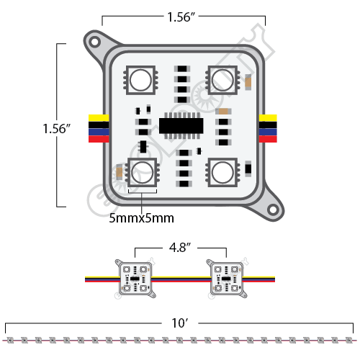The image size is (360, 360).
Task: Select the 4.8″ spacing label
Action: tap(180, 247)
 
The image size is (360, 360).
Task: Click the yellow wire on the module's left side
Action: tap(98, 117)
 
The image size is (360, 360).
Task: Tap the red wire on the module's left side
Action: tap(98, 139)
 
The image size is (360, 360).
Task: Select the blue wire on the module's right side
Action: tap(269, 132)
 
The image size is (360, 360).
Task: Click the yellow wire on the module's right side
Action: tap(269, 117)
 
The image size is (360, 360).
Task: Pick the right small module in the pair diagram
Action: tap(225, 276)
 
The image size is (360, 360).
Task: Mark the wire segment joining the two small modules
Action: tap(180, 276)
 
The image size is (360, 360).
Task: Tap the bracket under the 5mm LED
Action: tap(143, 194)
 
